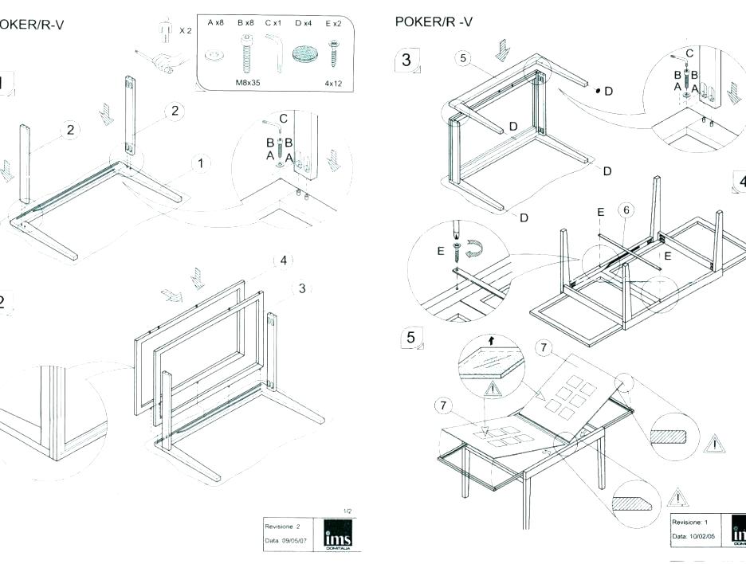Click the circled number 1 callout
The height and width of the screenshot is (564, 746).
(x=201, y=163)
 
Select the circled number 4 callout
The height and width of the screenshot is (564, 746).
(x=283, y=260)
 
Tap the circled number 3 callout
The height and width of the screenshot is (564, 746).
(x=302, y=288)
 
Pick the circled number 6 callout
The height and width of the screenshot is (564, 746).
(x=626, y=210)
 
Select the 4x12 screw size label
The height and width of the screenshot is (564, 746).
(x=333, y=82)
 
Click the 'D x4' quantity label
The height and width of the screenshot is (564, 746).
(x=304, y=24)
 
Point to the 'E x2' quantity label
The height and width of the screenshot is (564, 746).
(x=334, y=24)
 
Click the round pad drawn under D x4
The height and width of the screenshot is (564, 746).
(x=304, y=55)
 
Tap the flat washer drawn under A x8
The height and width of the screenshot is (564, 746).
(x=214, y=56)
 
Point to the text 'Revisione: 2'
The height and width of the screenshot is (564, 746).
(x=284, y=527)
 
